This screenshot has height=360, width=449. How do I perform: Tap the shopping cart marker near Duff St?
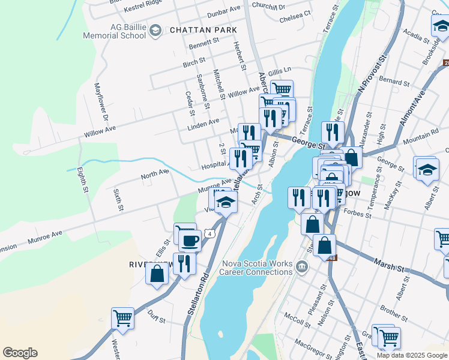122,317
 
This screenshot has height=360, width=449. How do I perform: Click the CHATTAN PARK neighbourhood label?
203,30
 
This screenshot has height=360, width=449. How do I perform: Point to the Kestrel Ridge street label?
143,9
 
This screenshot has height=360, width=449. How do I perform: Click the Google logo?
20,353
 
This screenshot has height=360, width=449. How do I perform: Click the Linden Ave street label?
203,122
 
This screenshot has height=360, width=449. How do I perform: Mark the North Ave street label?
155,175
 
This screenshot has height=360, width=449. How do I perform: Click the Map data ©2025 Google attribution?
412,355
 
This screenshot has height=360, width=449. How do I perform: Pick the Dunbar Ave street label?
223,11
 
